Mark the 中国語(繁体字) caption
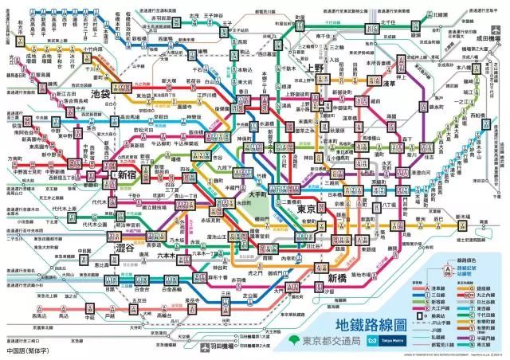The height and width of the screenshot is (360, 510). (x=25, y=350)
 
